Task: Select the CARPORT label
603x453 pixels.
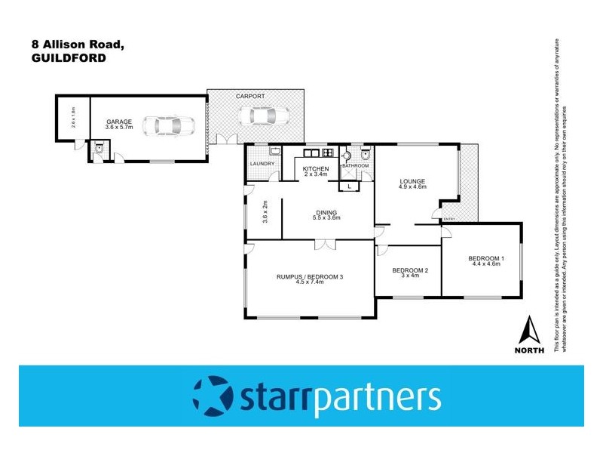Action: (249, 97)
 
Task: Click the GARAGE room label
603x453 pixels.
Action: (119, 122)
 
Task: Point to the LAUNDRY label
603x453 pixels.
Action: (263, 164)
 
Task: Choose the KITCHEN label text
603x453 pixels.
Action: (316, 168)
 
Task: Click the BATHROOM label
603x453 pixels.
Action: (356, 165)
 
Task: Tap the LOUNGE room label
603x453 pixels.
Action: (414, 181)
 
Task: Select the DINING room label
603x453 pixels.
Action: (327, 213)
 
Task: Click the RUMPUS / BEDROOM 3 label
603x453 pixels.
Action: (310, 277)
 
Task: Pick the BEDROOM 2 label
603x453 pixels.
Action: (410, 270)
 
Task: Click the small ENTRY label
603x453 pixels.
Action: (449, 219)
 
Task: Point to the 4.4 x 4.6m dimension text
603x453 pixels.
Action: (486, 264)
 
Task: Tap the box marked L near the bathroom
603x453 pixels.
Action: (350, 185)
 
